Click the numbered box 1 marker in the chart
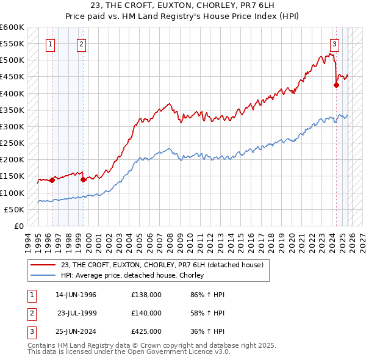(49, 43)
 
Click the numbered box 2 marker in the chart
(81, 43)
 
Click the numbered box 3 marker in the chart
(335, 43)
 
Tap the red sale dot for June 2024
(336, 85)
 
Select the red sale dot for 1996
(52, 180)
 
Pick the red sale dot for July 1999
(83, 179)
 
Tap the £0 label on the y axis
(18, 226)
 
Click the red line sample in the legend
(43, 265)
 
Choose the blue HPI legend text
(132, 276)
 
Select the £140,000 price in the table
(146, 313)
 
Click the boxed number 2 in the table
(31, 313)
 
